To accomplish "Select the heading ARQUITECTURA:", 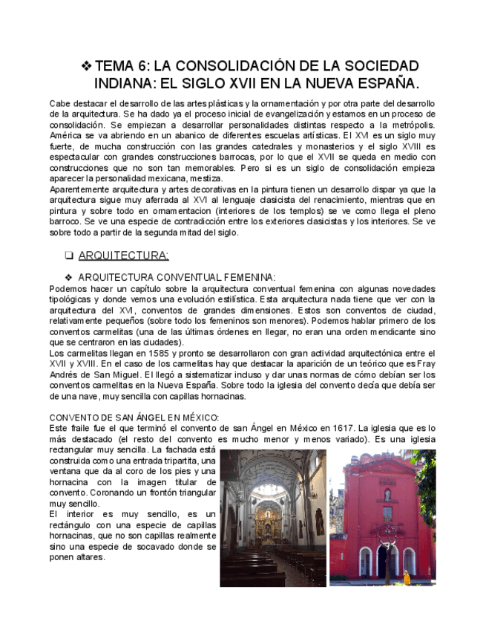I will pos(123,256).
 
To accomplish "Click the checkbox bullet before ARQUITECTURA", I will pos(68,256).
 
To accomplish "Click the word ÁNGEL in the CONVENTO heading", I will pos(143,418).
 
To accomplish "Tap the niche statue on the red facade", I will pos(387,495).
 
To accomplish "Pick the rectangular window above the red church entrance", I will pos(387,513).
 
